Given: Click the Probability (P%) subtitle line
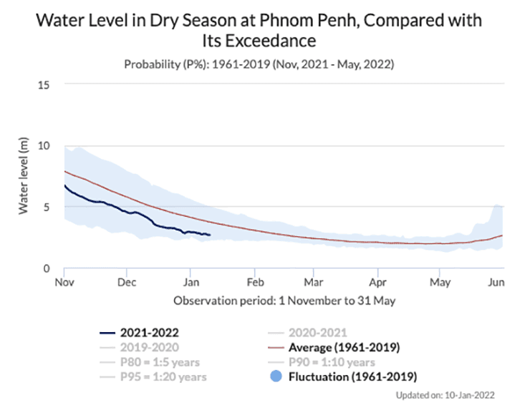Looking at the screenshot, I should [x=259, y=65].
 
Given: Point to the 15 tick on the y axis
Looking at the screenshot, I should [x=44, y=84].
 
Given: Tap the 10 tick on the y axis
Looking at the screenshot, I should [x=44, y=145].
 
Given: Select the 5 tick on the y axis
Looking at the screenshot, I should [x=47, y=207].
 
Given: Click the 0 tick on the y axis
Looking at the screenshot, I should [x=47, y=268].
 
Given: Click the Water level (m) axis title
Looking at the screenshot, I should [x=23, y=176].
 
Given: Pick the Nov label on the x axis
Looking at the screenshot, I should [x=64, y=283].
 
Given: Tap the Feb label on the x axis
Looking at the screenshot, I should [x=254, y=283].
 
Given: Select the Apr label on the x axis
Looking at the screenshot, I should [x=377, y=283].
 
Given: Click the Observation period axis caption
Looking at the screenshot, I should [x=284, y=301].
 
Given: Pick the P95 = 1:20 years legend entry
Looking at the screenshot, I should [x=165, y=376].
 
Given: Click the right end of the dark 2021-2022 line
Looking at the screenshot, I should [x=210, y=235].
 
